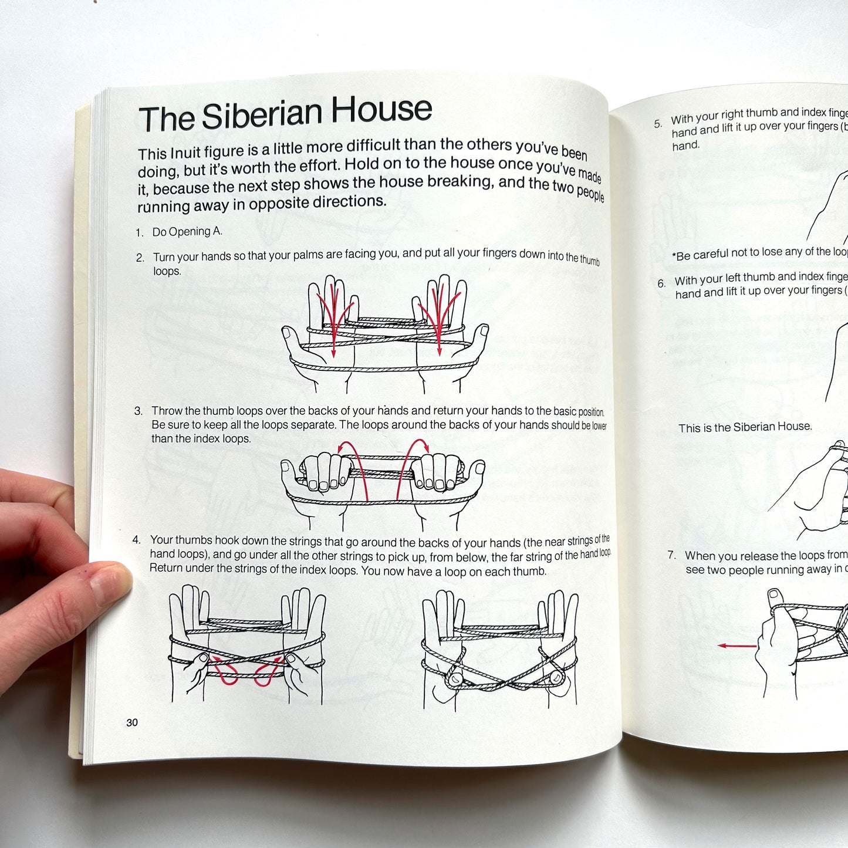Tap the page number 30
(x=132, y=722)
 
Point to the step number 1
(x=140, y=233)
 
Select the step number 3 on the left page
(x=138, y=411)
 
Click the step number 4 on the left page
(x=137, y=540)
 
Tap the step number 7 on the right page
(x=672, y=555)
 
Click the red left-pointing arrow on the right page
(x=737, y=646)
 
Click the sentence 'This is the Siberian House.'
(x=745, y=427)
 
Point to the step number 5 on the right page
(x=658, y=124)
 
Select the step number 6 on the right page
(x=661, y=283)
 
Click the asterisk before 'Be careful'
(x=674, y=256)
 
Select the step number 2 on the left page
(x=140, y=258)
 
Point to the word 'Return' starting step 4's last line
(x=166, y=568)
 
